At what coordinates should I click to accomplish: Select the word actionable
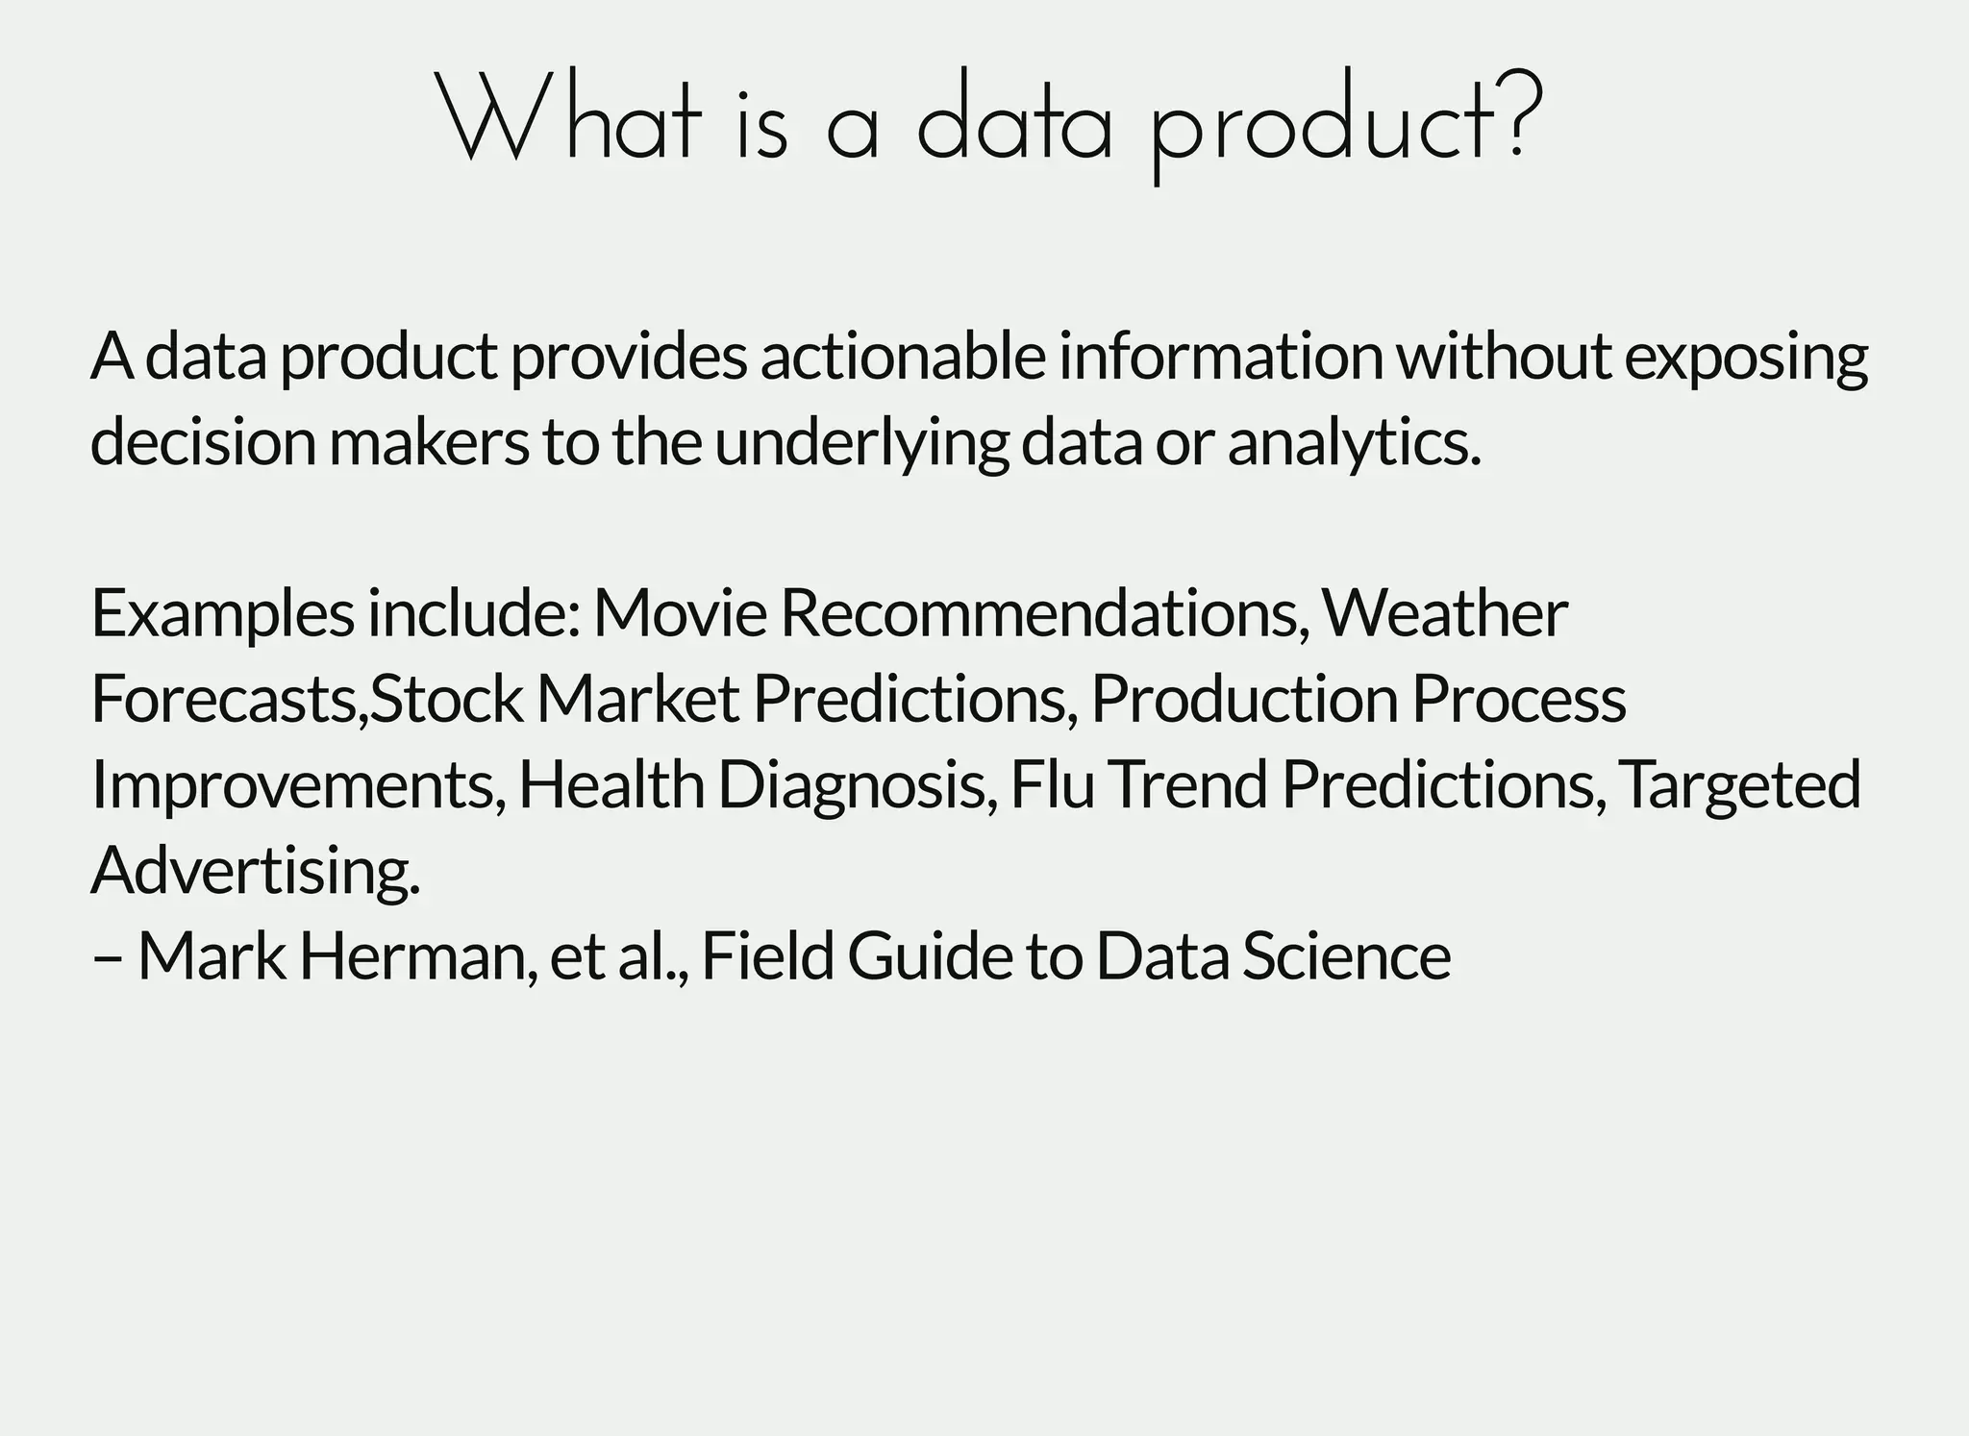(x=903, y=357)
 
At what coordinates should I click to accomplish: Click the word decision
(x=203, y=442)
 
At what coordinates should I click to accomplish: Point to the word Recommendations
(x=1044, y=613)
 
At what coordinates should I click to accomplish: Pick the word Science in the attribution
(x=1346, y=956)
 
